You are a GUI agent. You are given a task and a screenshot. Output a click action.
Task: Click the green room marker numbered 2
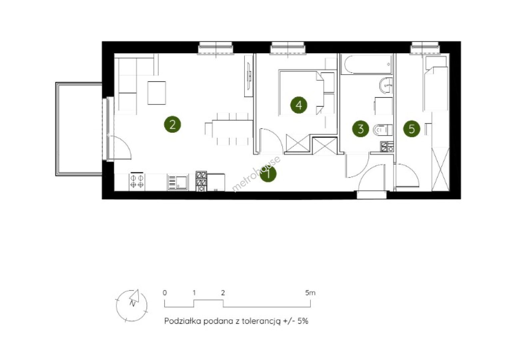click(173, 124)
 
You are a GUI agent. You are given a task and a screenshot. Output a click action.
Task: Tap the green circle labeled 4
click(299, 105)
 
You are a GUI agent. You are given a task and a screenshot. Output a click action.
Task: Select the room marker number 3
click(360, 129)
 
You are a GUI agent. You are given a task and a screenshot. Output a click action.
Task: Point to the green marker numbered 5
click(411, 129)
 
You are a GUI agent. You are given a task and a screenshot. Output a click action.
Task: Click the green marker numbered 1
click(268, 174)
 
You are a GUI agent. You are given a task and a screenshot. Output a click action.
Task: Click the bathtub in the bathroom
click(366, 64)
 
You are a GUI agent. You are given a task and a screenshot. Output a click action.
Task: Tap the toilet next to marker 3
click(382, 130)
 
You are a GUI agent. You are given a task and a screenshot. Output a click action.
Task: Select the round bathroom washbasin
click(386, 86)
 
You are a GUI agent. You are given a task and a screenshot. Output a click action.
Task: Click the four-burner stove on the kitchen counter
click(137, 181)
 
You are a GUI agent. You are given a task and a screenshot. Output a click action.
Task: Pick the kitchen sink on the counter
click(178, 183)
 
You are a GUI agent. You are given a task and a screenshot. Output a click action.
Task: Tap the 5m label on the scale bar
click(310, 293)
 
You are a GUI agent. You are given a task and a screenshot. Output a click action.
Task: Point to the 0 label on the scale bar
click(165, 293)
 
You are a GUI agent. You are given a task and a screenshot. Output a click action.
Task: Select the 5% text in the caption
click(303, 321)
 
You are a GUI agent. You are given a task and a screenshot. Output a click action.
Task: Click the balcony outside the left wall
click(79, 129)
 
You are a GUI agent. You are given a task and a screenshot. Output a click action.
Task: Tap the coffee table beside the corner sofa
click(157, 93)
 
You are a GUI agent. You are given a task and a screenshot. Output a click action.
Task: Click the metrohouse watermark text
click(256, 174)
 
